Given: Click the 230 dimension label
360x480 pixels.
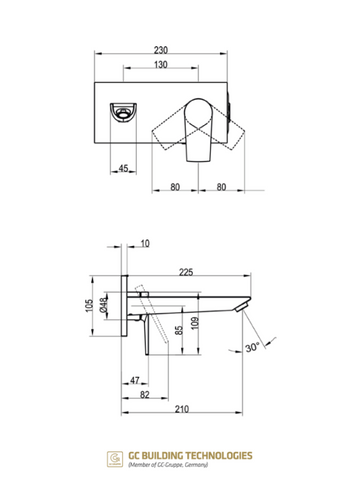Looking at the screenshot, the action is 161,50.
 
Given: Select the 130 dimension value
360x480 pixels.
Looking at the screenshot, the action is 161,65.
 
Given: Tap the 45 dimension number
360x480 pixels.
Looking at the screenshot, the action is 123,168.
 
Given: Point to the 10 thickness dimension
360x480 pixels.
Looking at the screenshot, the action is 145,244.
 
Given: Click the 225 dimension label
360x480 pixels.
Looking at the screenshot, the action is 186,272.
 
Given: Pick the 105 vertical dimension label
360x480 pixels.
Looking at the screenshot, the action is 89,305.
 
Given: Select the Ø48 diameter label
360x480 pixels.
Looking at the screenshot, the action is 104,305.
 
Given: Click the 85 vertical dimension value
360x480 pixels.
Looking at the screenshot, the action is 179,330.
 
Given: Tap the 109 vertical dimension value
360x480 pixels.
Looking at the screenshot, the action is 195,323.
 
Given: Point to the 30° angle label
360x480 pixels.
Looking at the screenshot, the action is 252,347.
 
